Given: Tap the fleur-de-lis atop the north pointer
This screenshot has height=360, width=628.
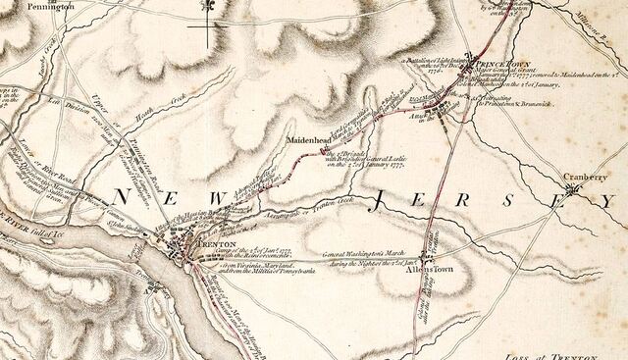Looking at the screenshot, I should point(210,6).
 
